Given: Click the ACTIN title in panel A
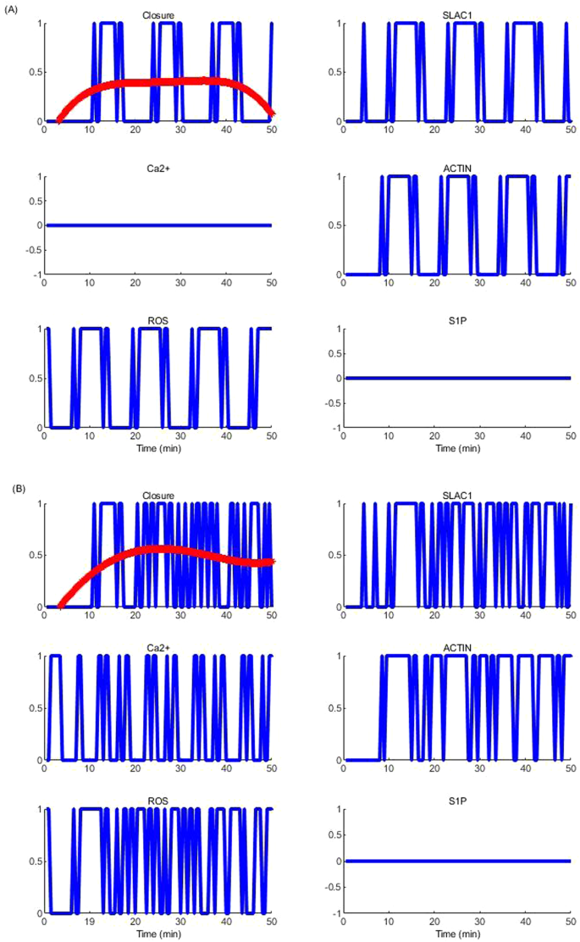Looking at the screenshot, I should [457, 169].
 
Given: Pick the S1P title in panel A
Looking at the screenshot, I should [457, 321].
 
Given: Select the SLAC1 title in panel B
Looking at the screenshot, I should [457, 496].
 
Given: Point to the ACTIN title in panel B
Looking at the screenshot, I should [457, 649].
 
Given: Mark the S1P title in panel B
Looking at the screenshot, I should [457, 802].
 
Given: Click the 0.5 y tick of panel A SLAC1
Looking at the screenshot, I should [332, 72].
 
